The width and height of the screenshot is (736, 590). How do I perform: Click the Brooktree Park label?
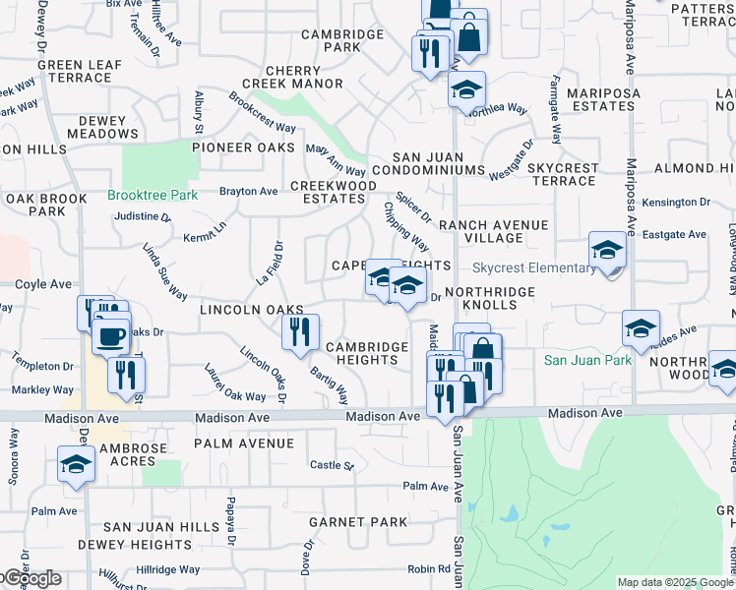click(x=153, y=195)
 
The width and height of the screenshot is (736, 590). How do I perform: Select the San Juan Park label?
click(x=588, y=361)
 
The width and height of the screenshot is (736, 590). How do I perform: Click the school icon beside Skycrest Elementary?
click(x=607, y=251)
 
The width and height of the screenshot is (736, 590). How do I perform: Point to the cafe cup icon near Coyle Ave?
click(x=110, y=336)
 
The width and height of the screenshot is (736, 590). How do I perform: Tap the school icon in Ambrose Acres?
click(x=75, y=465)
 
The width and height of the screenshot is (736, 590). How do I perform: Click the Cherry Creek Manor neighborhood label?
click(x=293, y=78)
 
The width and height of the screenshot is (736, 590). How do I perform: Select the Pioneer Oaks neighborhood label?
click(x=243, y=147)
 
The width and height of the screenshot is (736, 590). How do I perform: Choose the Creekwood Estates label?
click(x=333, y=192)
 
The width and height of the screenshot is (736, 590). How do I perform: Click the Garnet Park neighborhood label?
click(x=358, y=522)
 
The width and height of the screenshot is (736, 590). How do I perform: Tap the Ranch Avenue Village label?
click(x=493, y=231)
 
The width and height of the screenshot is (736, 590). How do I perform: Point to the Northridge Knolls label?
click(x=489, y=298)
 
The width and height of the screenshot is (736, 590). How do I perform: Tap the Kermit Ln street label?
click(x=205, y=231)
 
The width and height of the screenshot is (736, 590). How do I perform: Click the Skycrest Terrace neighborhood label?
click(x=563, y=175)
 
